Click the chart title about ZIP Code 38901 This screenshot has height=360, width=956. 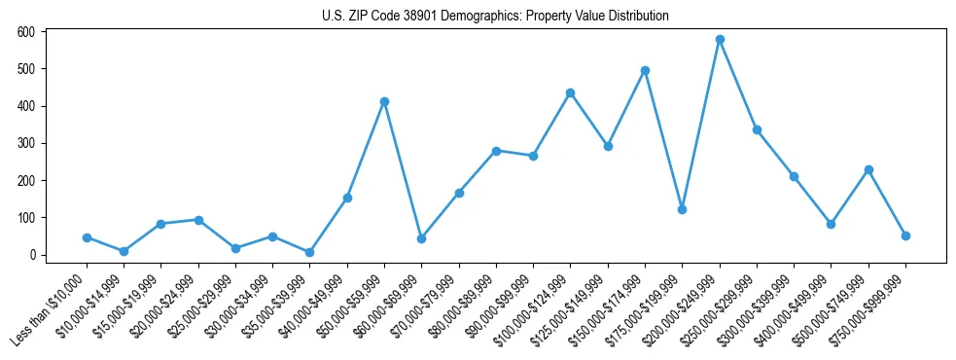[x=495, y=17]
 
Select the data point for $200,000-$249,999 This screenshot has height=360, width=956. [x=720, y=40]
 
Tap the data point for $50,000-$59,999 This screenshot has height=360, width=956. [x=384, y=101]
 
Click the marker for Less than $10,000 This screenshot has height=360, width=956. [x=87, y=237]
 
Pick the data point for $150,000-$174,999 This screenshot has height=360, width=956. [x=645, y=70]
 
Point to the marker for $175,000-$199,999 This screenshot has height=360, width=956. [x=682, y=209]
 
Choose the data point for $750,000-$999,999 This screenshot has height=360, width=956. [x=905, y=235]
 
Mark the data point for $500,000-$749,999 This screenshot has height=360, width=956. [x=868, y=169]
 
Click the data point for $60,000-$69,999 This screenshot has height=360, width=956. [x=421, y=238]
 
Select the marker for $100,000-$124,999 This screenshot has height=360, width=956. [x=571, y=92]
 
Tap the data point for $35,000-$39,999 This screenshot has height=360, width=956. [x=310, y=252]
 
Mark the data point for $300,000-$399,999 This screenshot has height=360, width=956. [x=794, y=176]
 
